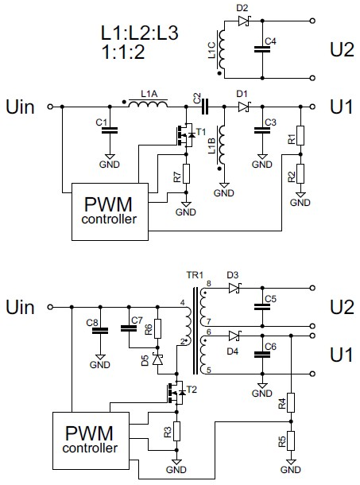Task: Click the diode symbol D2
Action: click(244, 21)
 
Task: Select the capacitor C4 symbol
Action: click(262, 49)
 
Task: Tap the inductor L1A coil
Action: click(149, 103)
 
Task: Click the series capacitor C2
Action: click(204, 107)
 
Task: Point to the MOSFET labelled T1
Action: click(184, 135)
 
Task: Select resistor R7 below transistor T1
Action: click(186, 174)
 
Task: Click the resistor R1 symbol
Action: click(300, 135)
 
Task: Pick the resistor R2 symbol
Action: click(300, 174)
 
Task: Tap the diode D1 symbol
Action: click(244, 107)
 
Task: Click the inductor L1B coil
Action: click(222, 144)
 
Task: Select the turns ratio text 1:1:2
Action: click(123, 52)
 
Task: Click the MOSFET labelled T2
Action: click(176, 393)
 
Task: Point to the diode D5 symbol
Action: click(158, 359)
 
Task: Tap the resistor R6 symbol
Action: click(157, 328)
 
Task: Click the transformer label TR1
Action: click(195, 275)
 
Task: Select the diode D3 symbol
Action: click(234, 289)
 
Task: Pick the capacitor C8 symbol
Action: click(100, 331)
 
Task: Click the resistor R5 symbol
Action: click(291, 440)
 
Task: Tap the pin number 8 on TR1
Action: click(209, 283)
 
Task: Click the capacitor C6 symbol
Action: click(262, 355)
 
